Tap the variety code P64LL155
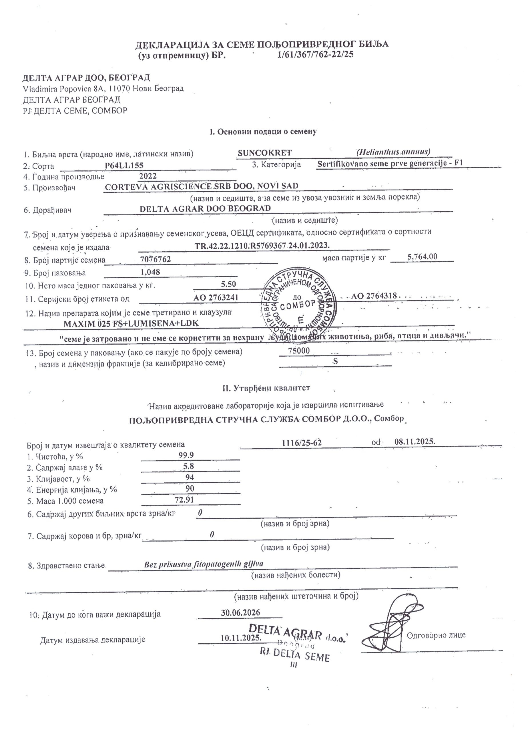tap(124, 166)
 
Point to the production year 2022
tap(148, 176)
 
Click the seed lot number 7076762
tap(156, 259)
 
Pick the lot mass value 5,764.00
tap(422, 256)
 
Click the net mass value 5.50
tap(228, 284)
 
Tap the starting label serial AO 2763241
tap(216, 298)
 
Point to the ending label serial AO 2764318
tap(374, 296)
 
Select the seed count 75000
tap(299, 351)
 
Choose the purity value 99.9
tap(186, 455)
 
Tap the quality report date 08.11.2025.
tap(415, 441)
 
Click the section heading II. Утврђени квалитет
tap(266, 388)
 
